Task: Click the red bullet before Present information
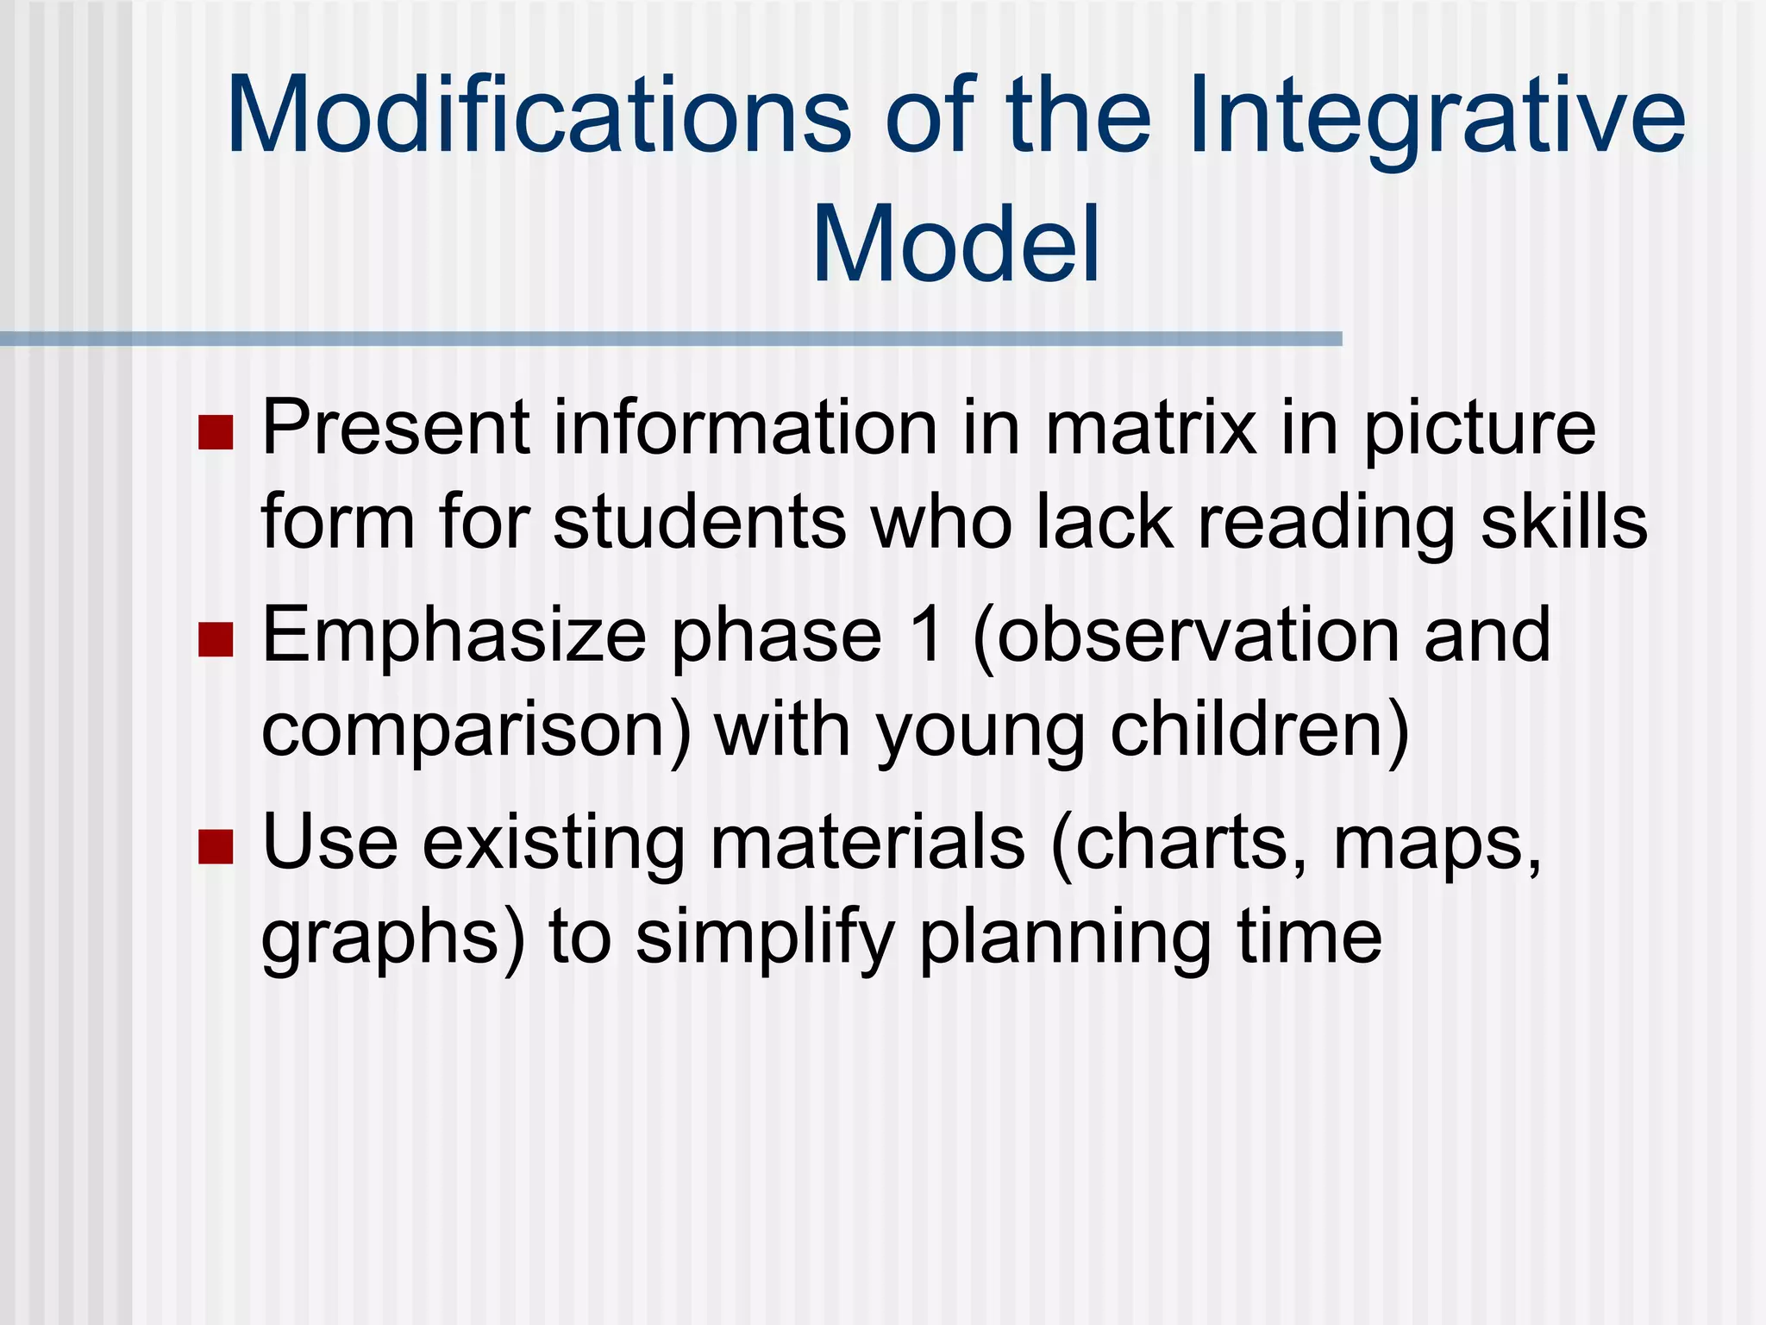pyautogui.click(x=216, y=432)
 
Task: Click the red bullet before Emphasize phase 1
pyautogui.click(x=216, y=639)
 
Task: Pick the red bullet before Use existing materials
pyautogui.click(x=216, y=846)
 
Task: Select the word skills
pyautogui.click(x=1563, y=523)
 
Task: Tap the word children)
pyautogui.click(x=1259, y=731)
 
